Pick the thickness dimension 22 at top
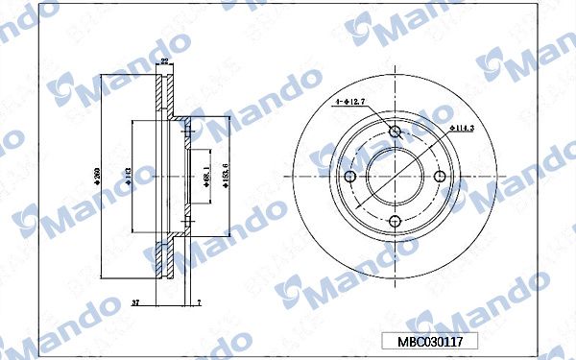click(164, 62)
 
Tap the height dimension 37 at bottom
click(134, 302)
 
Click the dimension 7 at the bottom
click(197, 302)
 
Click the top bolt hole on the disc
click(395, 132)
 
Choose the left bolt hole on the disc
click(349, 178)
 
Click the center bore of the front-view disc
click(395, 178)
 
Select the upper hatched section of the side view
click(165, 96)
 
